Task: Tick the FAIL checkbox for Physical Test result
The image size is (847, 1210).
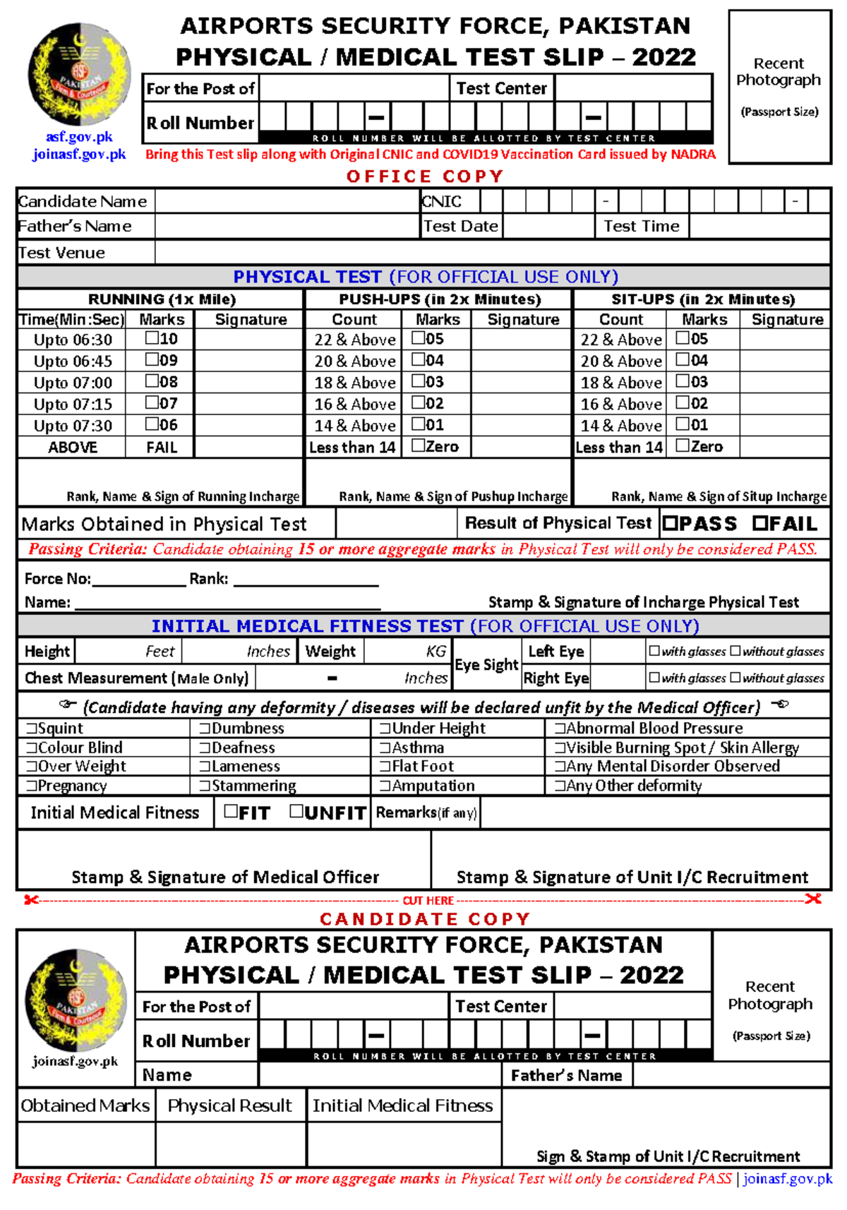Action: point(759,524)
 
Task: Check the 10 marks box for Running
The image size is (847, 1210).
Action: point(152,338)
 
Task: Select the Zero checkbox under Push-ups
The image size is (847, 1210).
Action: point(418,445)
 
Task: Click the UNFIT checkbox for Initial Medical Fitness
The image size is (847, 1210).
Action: point(296,812)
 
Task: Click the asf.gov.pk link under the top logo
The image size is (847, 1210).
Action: point(79,137)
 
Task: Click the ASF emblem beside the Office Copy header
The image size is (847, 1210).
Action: point(79,74)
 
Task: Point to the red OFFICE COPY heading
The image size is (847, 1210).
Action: point(424,176)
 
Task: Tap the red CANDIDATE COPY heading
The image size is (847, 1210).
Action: point(424,919)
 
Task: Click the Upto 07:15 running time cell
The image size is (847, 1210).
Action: point(73,405)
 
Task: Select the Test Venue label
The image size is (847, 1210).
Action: point(62,253)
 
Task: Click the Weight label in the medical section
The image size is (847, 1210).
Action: point(330,652)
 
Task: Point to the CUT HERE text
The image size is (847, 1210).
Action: point(428,901)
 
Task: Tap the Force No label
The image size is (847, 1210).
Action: point(57,579)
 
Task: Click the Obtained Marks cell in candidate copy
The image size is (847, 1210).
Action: point(85,1106)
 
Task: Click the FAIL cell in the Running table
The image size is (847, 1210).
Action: point(161,448)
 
